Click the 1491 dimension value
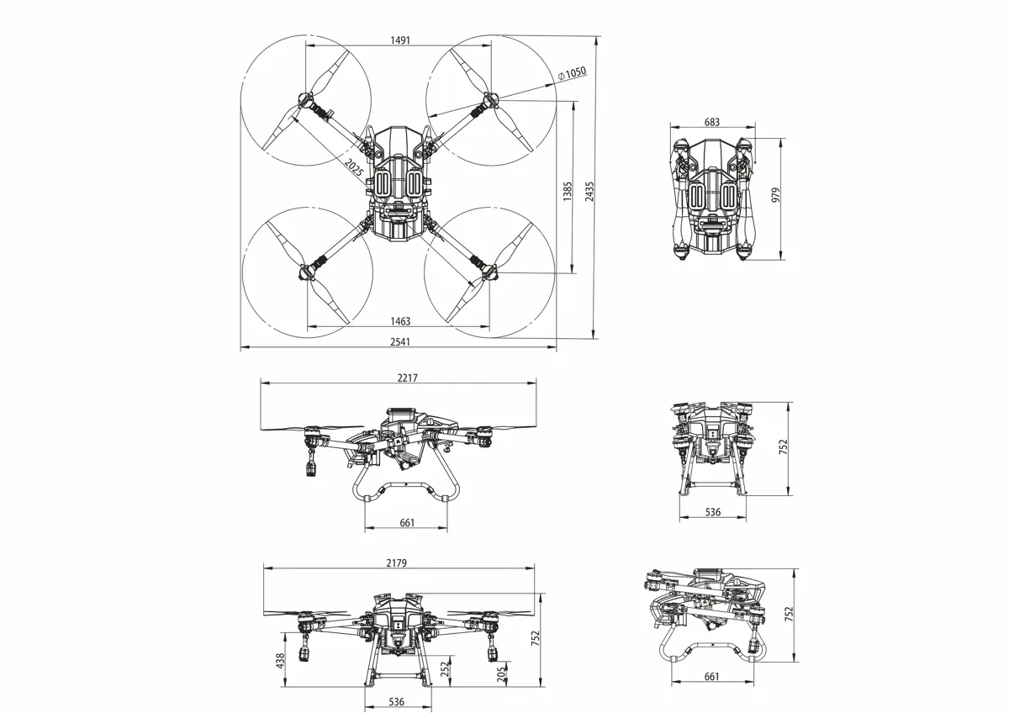click(x=400, y=40)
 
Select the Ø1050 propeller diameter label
click(x=572, y=73)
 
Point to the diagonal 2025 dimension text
click(x=354, y=167)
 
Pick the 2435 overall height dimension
click(x=589, y=191)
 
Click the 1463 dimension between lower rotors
click(x=400, y=321)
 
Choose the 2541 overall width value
click(x=400, y=342)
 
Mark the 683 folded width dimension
click(x=711, y=122)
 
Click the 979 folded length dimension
click(x=775, y=194)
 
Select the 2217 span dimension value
click(x=407, y=378)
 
